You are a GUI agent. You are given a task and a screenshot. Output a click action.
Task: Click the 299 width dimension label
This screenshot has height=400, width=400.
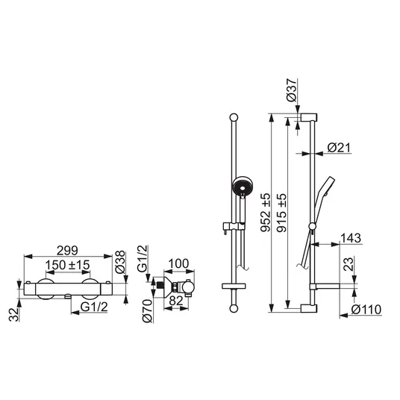(67, 251)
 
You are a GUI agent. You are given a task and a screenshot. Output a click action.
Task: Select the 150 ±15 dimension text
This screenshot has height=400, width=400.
(68, 265)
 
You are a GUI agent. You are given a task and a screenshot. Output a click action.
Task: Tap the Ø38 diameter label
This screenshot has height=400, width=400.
(120, 262)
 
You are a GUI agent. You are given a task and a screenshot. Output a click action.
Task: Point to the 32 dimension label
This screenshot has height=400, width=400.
(14, 314)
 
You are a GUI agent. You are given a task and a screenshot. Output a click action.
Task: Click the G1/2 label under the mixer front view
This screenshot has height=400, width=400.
(94, 307)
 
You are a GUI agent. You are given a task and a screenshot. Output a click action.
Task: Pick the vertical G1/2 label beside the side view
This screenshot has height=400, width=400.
(143, 258)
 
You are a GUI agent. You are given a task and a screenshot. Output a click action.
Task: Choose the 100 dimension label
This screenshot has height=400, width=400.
(178, 263)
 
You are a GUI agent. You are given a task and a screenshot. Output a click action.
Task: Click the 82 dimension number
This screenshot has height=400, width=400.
(176, 301)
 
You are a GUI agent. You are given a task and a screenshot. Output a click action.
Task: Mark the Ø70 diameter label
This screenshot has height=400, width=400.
(148, 311)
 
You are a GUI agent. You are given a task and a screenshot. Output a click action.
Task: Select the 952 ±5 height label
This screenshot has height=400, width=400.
(266, 213)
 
